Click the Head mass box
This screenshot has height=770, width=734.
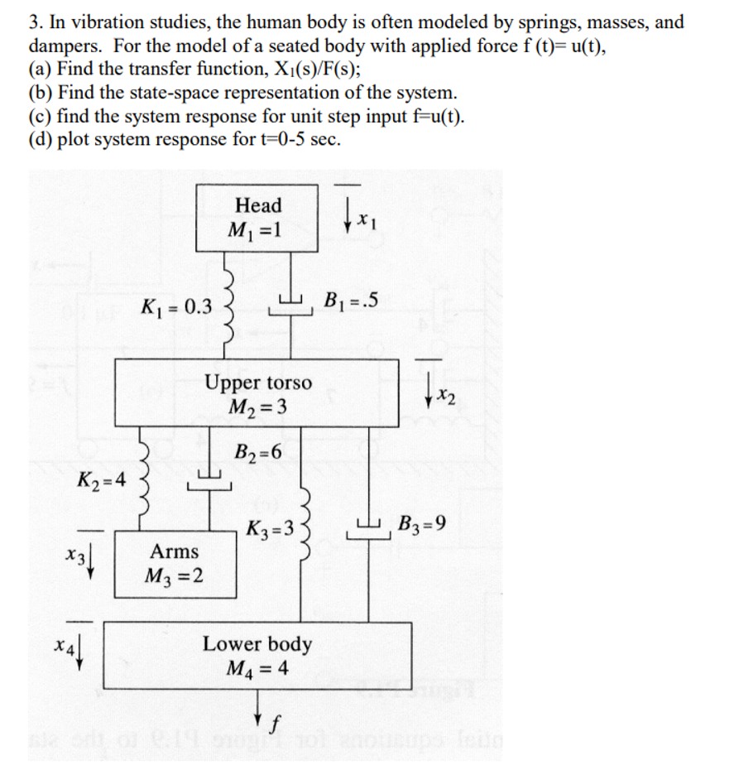coord(258,217)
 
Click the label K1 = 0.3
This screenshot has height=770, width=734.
coord(175,308)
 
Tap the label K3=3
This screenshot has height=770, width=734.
coord(271,527)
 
